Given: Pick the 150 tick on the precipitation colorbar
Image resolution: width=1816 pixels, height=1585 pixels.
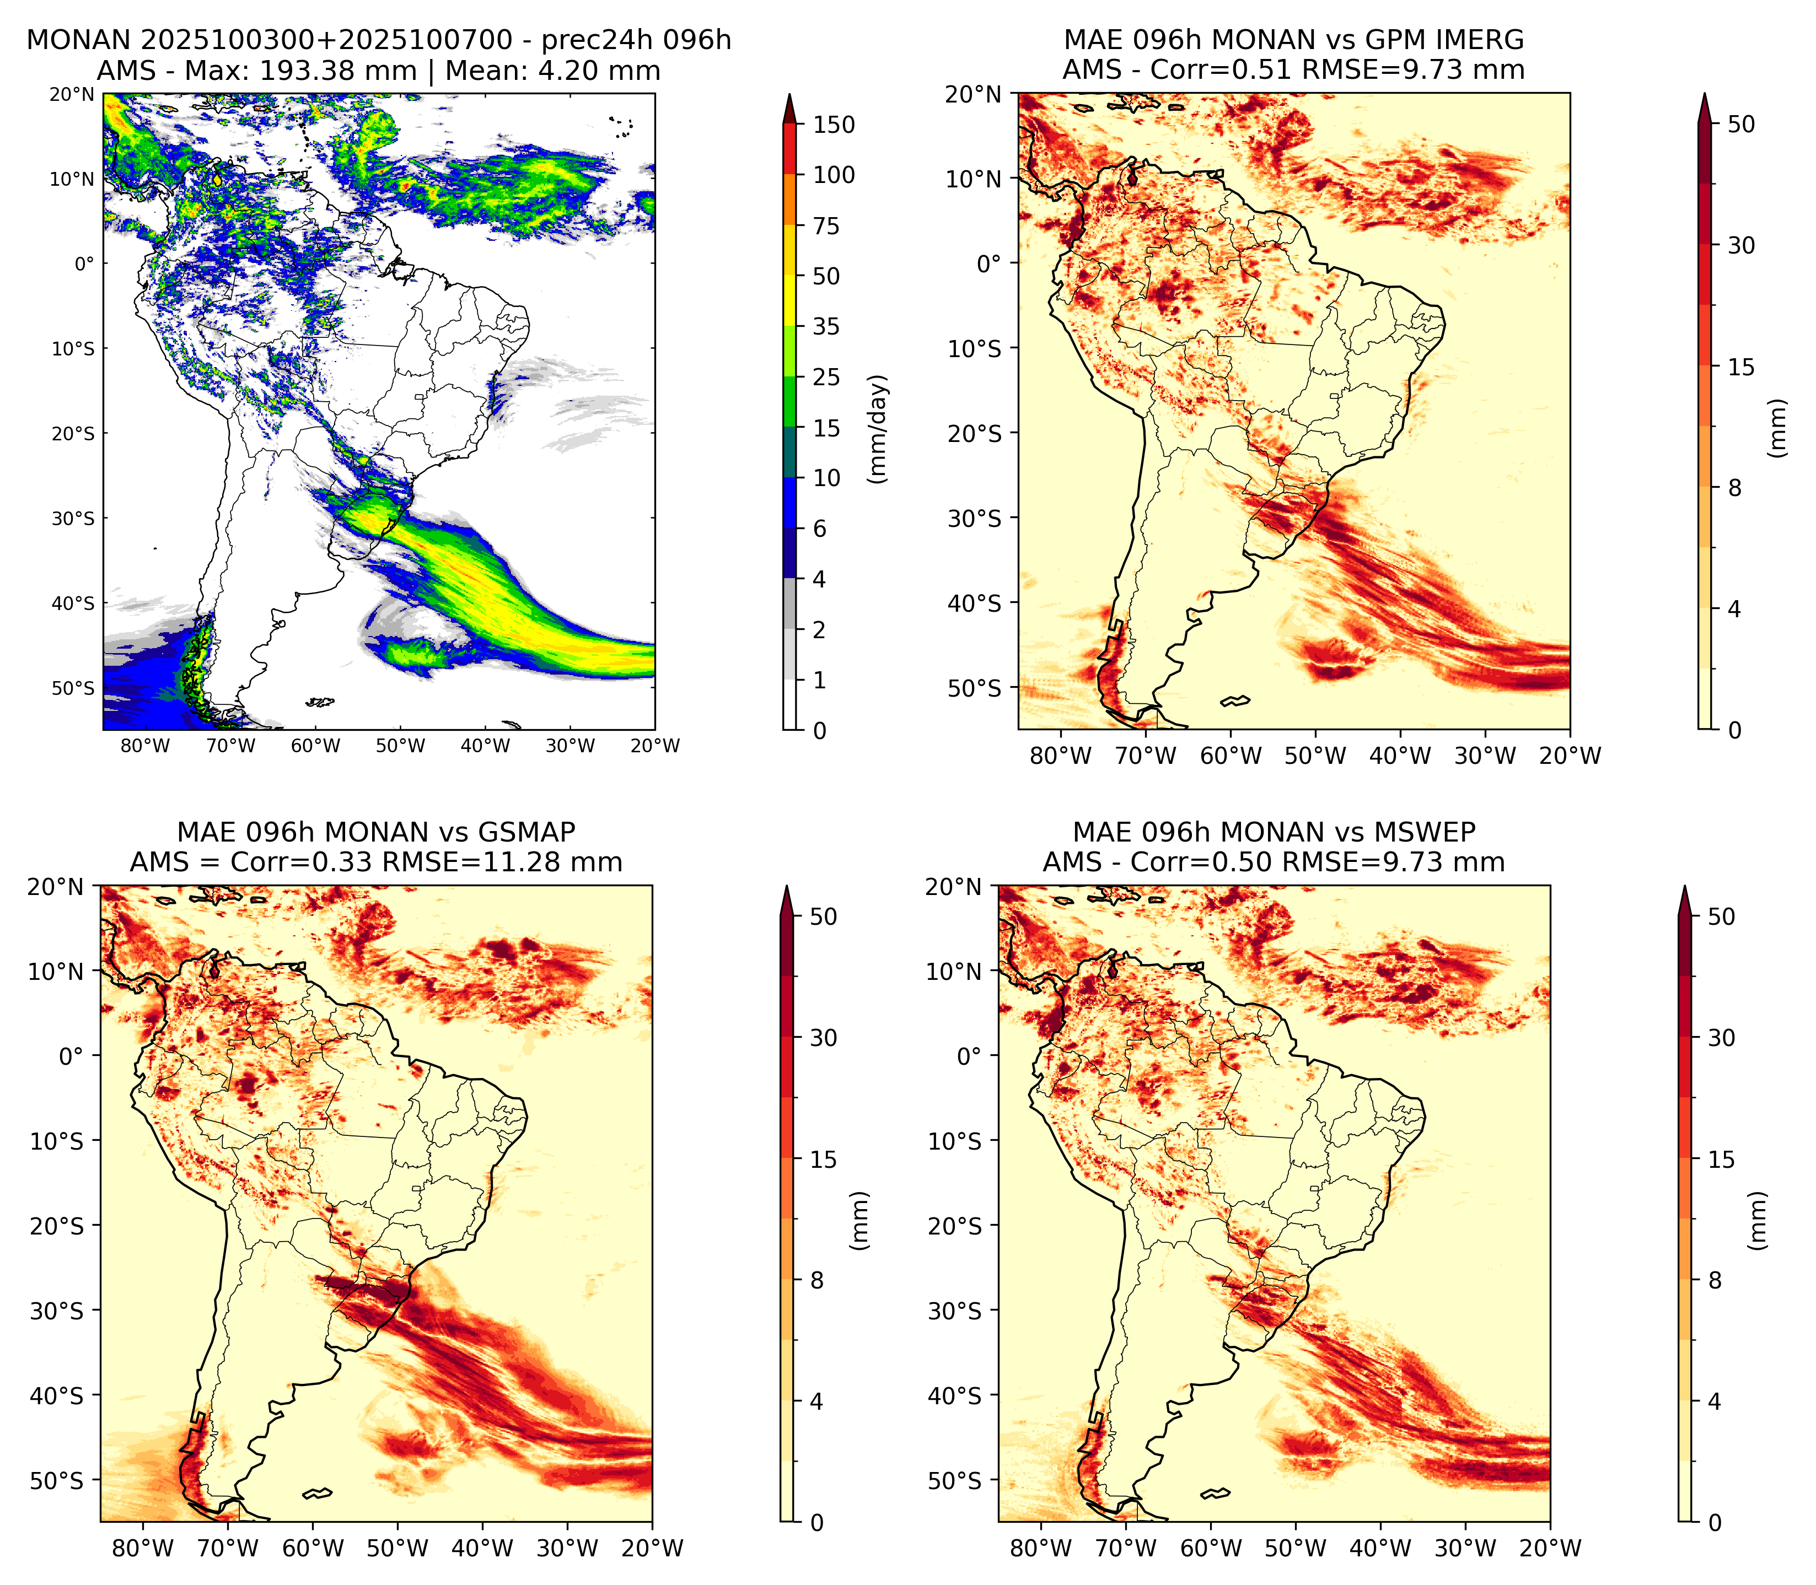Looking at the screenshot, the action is tap(834, 125).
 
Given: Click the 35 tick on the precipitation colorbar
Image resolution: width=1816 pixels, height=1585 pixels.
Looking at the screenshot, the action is tap(826, 326).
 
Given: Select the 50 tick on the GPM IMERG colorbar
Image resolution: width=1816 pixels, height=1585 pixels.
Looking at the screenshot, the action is tap(1741, 124).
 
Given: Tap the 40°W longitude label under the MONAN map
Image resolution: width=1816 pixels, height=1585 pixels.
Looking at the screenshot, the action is tap(485, 746).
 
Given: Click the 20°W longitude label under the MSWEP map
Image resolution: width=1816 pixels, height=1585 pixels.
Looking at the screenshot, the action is tap(1550, 1549).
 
